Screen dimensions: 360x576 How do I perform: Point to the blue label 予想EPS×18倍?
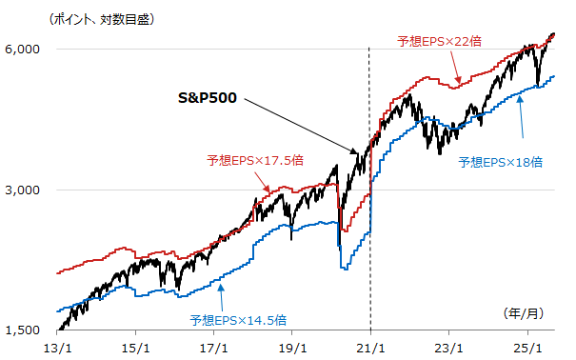[500, 162]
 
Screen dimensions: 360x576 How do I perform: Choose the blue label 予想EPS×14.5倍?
[238, 319]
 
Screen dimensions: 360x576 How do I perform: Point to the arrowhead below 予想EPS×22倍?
[459, 82]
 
